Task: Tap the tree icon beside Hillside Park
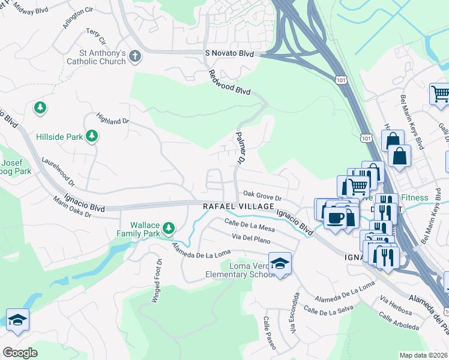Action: pyautogui.click(x=92, y=137)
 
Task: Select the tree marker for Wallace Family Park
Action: pyautogui.click(x=169, y=227)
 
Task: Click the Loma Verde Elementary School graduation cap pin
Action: pyautogui.click(x=280, y=263)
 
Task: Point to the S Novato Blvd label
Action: pyautogui.click(x=229, y=54)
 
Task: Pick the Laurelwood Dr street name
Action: pyautogui.click(x=58, y=171)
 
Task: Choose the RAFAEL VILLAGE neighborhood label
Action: pyautogui.click(x=238, y=206)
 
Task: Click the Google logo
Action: pyautogui.click(x=20, y=353)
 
